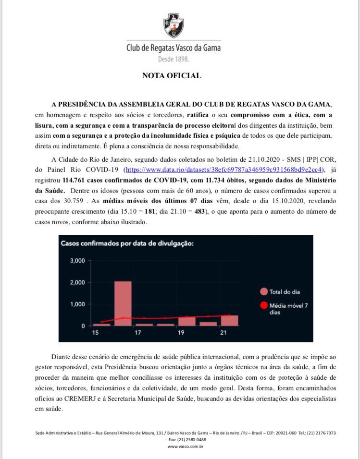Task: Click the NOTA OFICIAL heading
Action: pos(172,76)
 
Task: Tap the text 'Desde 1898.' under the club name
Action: pos(174,59)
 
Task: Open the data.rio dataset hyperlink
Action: pos(223,170)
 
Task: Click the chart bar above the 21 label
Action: pos(229,321)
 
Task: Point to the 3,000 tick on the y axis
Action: pos(77,261)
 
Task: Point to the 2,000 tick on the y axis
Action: pos(77,282)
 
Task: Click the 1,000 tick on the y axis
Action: pos(77,304)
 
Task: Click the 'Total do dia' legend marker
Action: pos(263,291)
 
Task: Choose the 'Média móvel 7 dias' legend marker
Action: pos(263,305)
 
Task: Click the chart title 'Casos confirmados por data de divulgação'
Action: pos(127,243)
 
